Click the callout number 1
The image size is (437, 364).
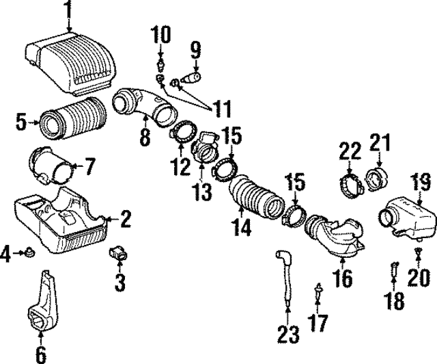tap(68, 10)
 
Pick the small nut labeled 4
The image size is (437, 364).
tap(29, 254)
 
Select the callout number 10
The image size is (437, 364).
tap(160, 33)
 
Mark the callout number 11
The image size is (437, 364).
tap(221, 108)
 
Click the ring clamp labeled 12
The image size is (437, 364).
tap(182, 132)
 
